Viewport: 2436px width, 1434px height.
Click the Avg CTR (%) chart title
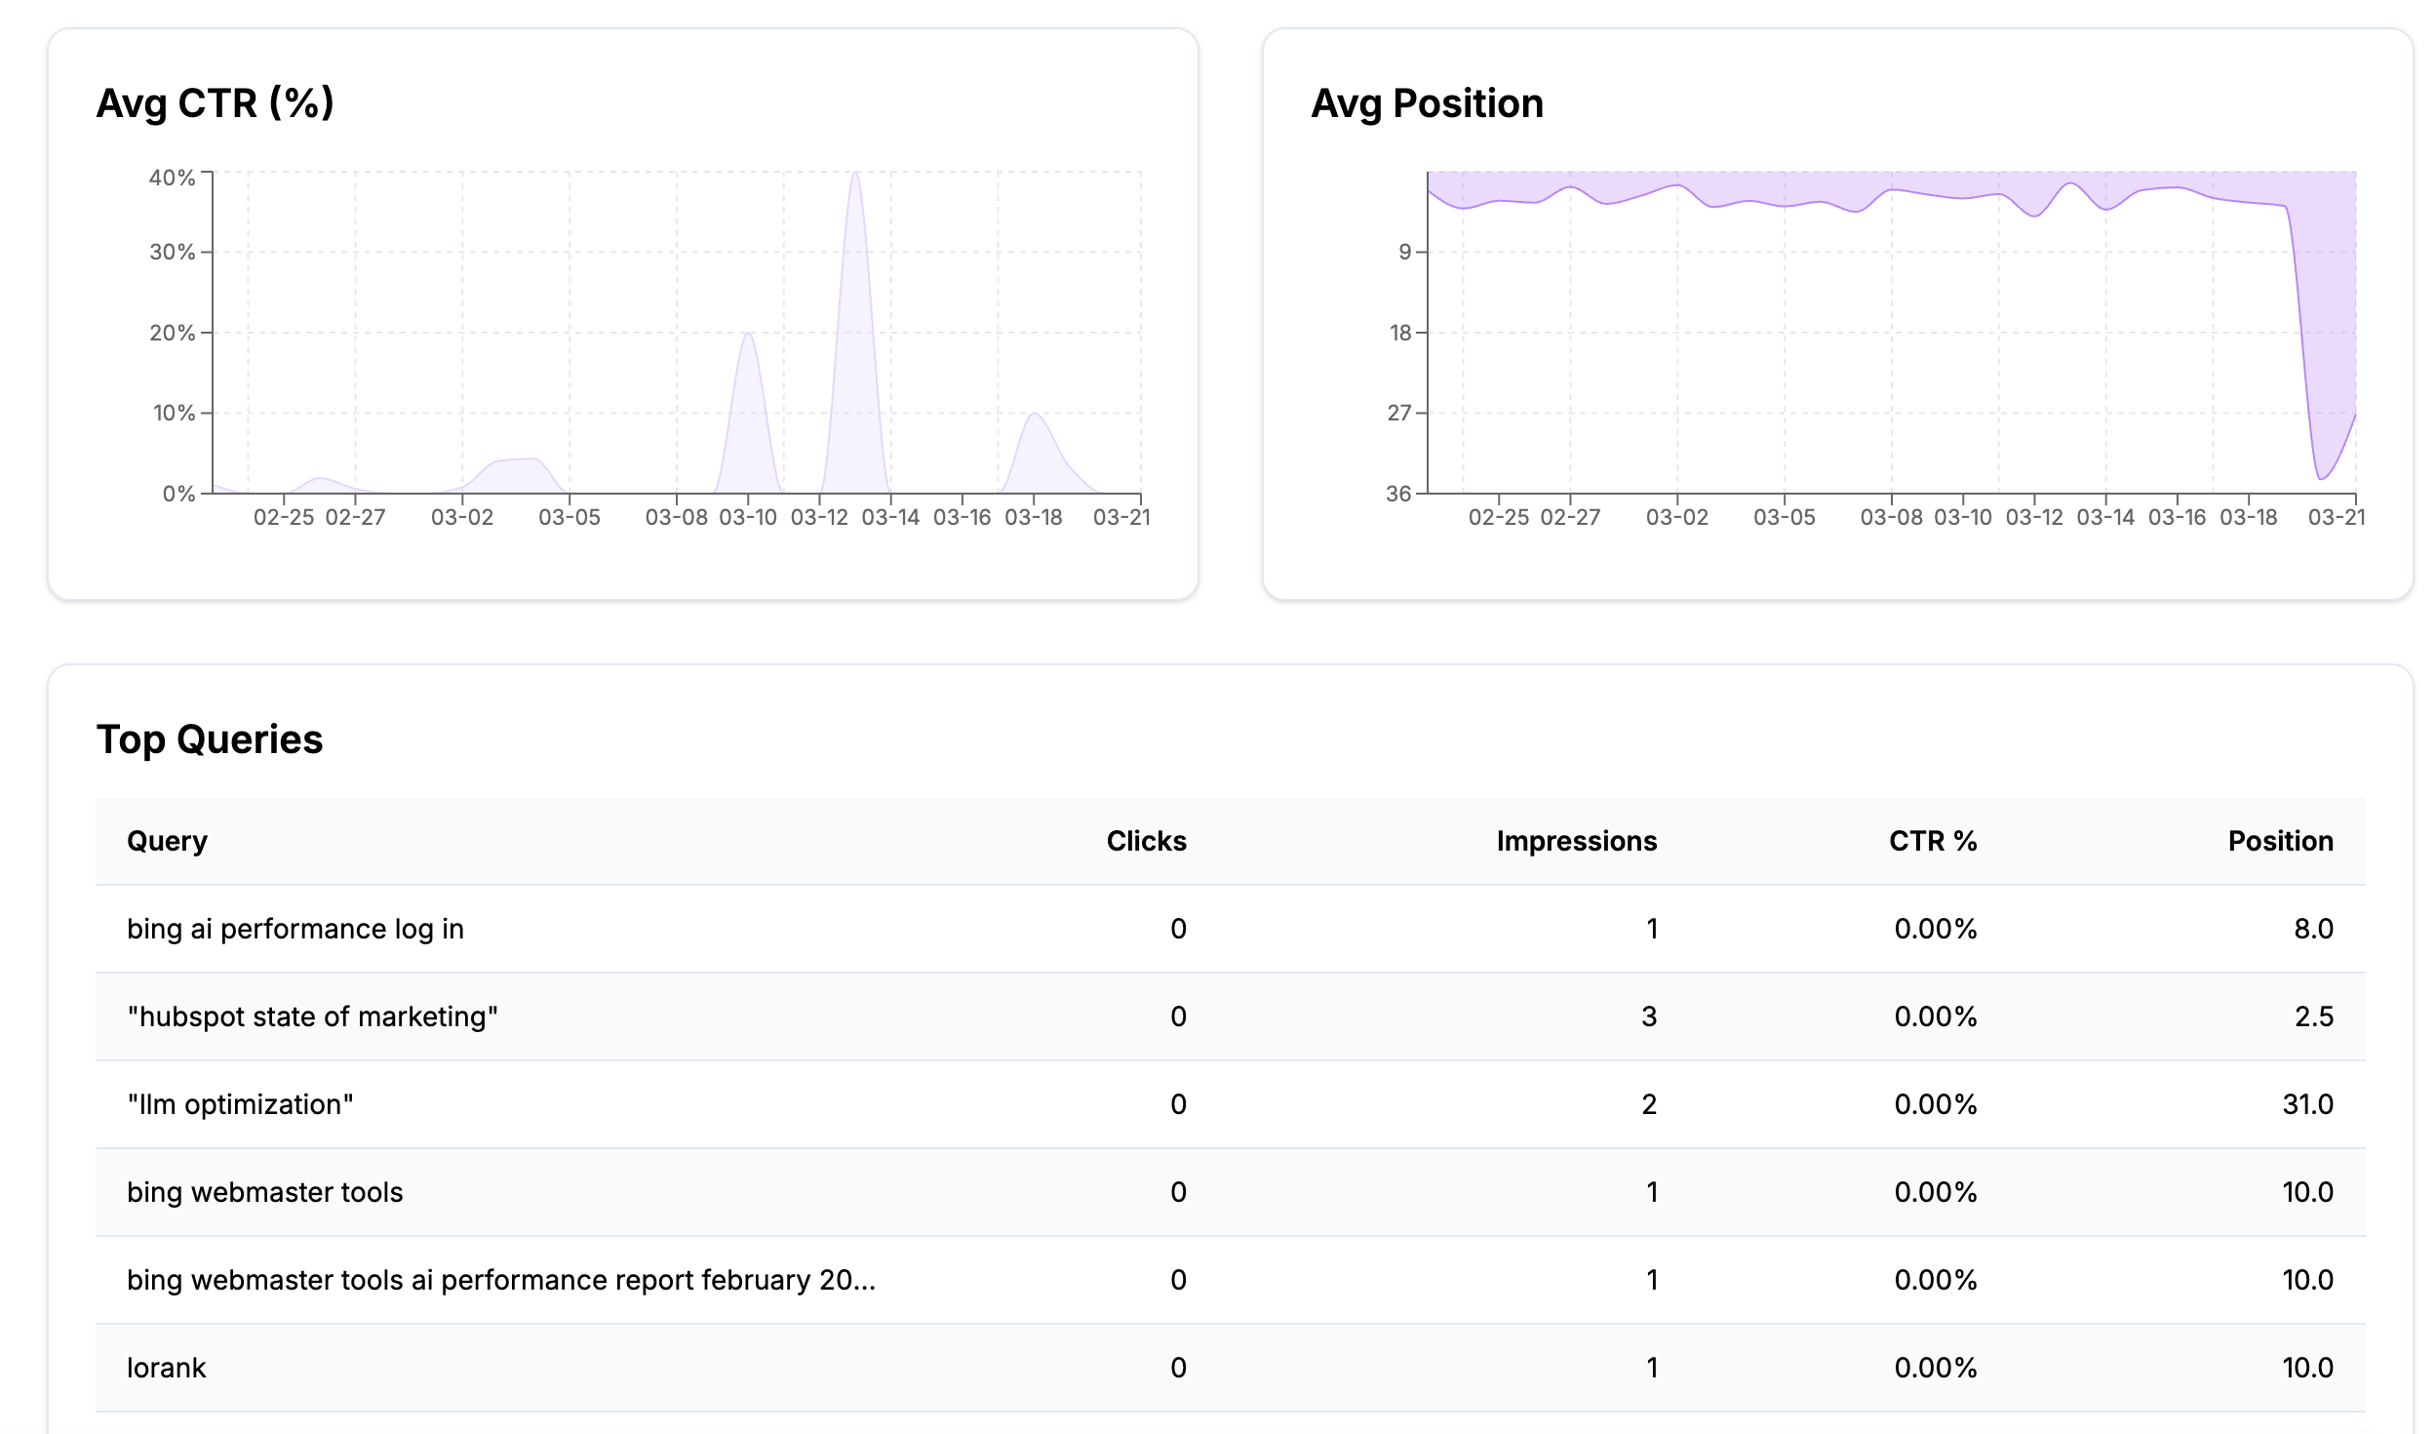coord(215,103)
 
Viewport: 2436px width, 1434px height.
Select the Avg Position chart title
coord(1426,103)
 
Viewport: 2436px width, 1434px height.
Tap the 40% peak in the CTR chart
coord(855,175)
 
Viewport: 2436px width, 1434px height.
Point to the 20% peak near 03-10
coord(748,335)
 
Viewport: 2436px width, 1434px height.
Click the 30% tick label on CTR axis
coord(172,253)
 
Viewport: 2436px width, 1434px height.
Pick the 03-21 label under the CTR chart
coord(1121,518)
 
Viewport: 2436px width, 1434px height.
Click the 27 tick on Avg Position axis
coord(1399,414)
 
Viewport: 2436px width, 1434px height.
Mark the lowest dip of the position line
coord(2320,478)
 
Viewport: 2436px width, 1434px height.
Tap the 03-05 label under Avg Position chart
coord(1784,518)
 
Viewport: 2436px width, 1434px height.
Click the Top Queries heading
coord(209,739)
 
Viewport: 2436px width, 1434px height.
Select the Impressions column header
coord(1576,841)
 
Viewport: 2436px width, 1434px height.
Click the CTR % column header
coord(1932,841)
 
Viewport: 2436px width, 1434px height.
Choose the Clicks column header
coord(1146,841)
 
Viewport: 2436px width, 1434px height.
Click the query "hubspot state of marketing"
coord(312,1016)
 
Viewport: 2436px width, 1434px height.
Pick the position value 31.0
coord(2307,1104)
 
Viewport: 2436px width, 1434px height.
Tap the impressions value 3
coord(1648,1016)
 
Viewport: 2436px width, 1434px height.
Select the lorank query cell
coord(167,1368)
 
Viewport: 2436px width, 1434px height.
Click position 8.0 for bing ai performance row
coord(2313,929)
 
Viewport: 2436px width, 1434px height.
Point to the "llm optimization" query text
coord(240,1104)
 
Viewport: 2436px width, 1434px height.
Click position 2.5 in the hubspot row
coord(2313,1016)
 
